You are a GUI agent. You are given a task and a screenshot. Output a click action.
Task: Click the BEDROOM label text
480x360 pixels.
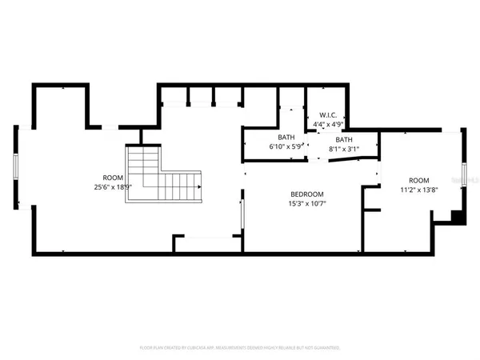coord(306,194)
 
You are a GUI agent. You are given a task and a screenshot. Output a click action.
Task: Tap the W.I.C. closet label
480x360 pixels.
coord(328,115)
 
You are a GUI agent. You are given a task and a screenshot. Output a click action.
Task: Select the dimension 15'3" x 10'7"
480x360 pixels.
coord(306,203)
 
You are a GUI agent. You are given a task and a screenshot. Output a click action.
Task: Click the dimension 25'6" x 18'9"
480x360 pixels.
coord(112,186)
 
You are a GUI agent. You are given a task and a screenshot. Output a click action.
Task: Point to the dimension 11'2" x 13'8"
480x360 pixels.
coord(419,190)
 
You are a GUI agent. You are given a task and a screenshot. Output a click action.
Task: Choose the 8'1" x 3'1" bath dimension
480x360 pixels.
coord(344,149)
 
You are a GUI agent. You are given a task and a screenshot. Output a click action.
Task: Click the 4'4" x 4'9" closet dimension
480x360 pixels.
coord(328,124)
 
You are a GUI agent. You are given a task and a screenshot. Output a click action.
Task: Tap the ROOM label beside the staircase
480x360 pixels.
coord(112,178)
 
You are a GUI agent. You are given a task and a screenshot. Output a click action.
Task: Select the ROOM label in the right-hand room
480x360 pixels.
coord(419,181)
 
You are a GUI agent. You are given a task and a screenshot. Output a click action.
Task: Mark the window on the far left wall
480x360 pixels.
coord(15,170)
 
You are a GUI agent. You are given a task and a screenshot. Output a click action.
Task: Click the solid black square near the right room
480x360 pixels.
coord(457,215)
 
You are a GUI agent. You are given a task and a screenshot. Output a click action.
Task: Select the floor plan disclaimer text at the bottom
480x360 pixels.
coord(240,348)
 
